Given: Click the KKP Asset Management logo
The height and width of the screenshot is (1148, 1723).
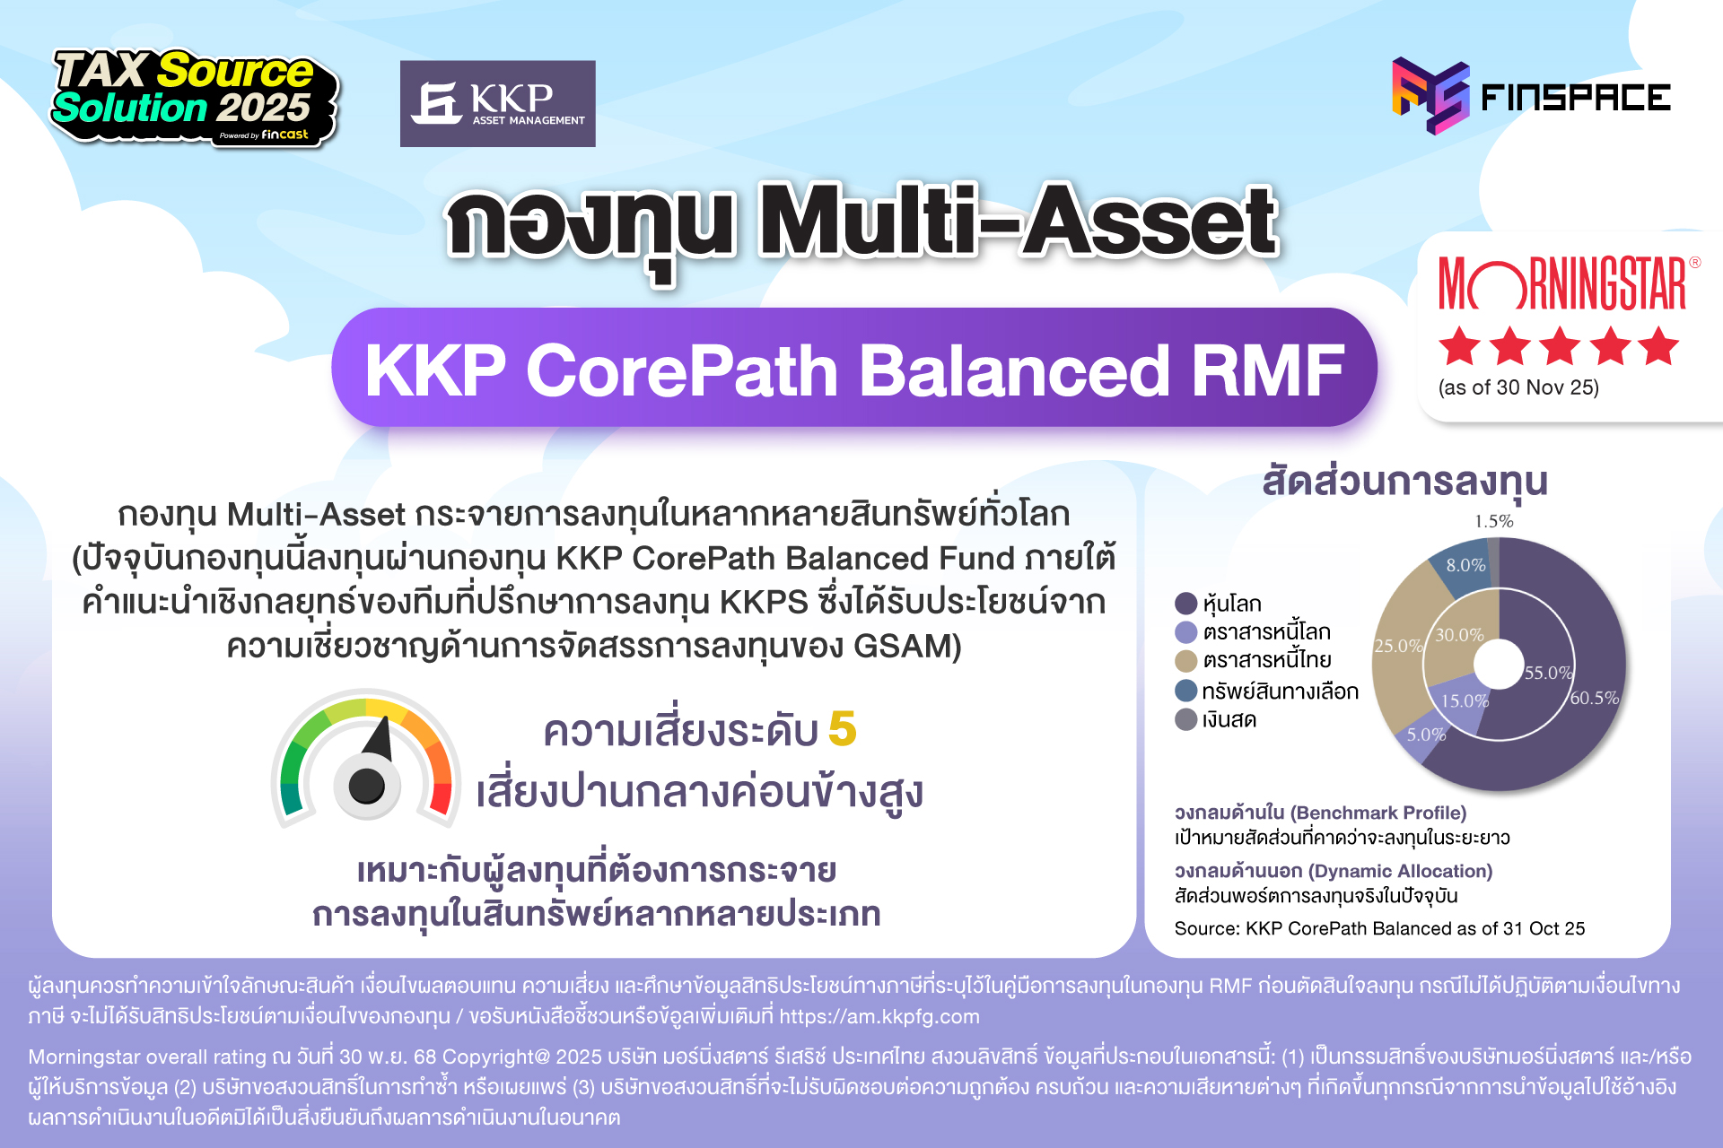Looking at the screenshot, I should click(x=497, y=103).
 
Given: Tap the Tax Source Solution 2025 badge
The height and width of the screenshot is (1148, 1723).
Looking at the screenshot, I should click(x=193, y=97).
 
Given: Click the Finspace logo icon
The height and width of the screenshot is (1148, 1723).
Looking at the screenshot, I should click(x=1430, y=95).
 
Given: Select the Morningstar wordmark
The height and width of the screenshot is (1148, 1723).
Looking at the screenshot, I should click(x=1562, y=284).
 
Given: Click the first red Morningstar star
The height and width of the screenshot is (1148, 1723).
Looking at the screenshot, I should click(x=1459, y=346).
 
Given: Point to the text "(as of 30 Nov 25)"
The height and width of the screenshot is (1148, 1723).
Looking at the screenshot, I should click(x=1518, y=387).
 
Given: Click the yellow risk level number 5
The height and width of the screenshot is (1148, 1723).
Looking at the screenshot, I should click(x=842, y=729).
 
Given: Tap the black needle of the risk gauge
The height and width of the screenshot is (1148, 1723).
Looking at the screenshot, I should click(x=380, y=740).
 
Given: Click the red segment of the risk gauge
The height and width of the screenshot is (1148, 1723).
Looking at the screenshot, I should click(x=441, y=796).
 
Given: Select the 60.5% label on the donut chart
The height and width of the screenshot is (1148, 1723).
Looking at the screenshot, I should click(x=1594, y=698).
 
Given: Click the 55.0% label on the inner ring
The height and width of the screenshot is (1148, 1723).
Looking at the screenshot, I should click(x=1548, y=673).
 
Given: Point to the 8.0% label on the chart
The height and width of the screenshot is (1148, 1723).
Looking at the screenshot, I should click(x=1465, y=565).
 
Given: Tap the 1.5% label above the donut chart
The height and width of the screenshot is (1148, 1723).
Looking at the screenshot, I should click(x=1494, y=521).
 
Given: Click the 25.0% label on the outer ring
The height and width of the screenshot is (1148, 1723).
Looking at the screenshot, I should click(x=1397, y=646).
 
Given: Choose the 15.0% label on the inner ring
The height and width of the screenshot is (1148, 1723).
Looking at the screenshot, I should click(x=1465, y=701).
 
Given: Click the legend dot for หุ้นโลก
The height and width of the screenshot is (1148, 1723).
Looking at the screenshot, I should click(x=1186, y=604).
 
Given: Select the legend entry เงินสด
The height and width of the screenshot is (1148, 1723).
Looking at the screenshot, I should click(x=1229, y=719).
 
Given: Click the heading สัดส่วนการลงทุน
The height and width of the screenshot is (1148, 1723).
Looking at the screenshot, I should click(x=1404, y=482).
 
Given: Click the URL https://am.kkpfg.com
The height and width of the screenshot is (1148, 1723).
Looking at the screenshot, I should click(x=879, y=1016).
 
